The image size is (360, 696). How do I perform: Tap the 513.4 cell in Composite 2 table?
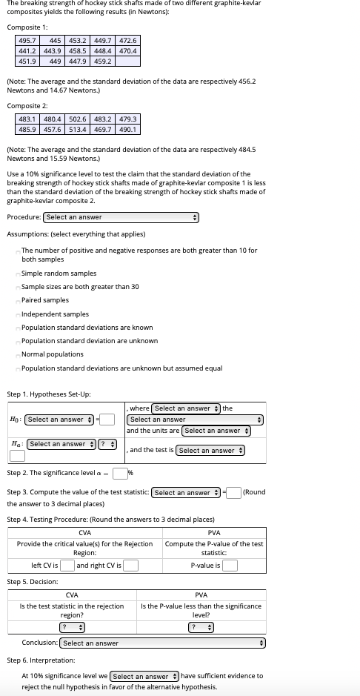(x=77, y=129)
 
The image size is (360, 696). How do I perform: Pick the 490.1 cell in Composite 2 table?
(x=127, y=129)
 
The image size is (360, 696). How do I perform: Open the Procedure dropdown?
(x=122, y=217)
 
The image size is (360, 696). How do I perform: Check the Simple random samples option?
(x=18, y=274)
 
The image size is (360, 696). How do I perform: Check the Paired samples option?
(x=18, y=300)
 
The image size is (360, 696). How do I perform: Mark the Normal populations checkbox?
(x=18, y=354)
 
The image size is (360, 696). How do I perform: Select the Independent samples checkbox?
(x=18, y=314)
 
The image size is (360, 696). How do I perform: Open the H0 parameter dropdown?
(x=59, y=420)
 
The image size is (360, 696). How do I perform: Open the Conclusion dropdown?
(x=162, y=643)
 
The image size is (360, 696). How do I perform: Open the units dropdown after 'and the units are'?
(x=217, y=431)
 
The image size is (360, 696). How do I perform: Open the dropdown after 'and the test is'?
(x=211, y=450)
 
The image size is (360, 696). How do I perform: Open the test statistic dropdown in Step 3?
(x=187, y=492)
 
